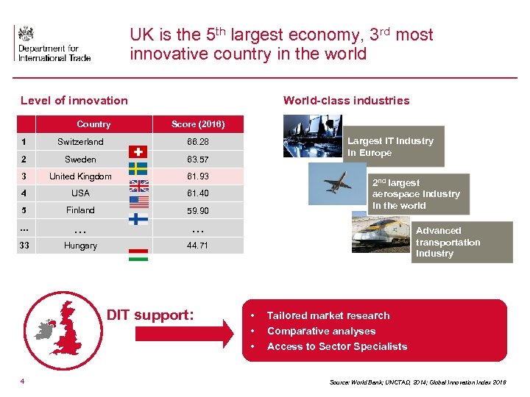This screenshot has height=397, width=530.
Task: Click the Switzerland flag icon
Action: pyautogui.click(x=138, y=151)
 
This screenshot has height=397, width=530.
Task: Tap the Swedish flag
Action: pyautogui.click(x=138, y=168)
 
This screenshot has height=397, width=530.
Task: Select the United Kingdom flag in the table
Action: pyautogui.click(x=138, y=185)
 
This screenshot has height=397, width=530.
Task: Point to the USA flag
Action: pyautogui.click(x=138, y=202)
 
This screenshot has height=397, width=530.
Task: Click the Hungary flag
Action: pyautogui.click(x=138, y=254)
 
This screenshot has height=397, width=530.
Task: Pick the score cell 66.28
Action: pyautogui.click(x=197, y=142)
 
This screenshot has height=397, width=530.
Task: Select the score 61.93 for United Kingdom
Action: pyautogui.click(x=197, y=176)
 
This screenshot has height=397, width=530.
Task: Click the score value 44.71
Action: pyautogui.click(x=197, y=246)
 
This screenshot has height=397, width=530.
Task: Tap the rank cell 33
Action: pyautogui.click(x=24, y=246)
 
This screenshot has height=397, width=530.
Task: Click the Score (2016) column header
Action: pyautogui.click(x=197, y=124)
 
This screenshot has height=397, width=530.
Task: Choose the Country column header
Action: pyautogui.click(x=93, y=124)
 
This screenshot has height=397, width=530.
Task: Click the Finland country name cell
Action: pyautogui.click(x=80, y=210)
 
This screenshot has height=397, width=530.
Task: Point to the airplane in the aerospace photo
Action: pyautogui.click(x=337, y=184)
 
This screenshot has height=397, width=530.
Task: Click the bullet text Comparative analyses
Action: pyautogui.click(x=321, y=331)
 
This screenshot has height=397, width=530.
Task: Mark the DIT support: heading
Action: pyautogui.click(x=150, y=315)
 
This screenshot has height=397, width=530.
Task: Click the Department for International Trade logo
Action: pyautogui.click(x=52, y=43)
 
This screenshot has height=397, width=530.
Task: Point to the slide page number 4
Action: pyautogui.click(x=23, y=381)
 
